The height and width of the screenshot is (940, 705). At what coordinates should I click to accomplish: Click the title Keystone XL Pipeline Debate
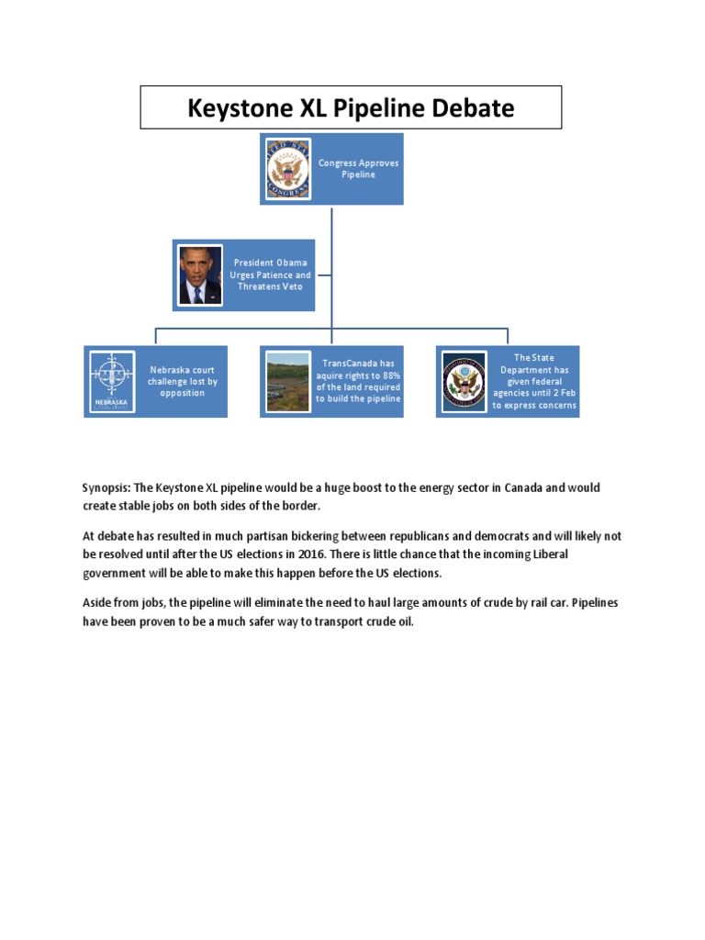point(351,108)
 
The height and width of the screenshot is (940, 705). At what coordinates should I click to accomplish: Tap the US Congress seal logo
point(288,169)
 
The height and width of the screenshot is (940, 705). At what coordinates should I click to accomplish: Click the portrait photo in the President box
point(200,274)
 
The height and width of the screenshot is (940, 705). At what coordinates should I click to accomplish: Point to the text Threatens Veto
point(272,286)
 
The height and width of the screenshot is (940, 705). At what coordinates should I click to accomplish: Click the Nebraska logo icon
point(112,381)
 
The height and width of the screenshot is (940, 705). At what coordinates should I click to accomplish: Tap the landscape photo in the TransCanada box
point(286,381)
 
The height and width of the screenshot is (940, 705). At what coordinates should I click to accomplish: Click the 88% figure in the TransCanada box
point(390,375)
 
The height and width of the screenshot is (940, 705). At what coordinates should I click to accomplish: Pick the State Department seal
point(463,381)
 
